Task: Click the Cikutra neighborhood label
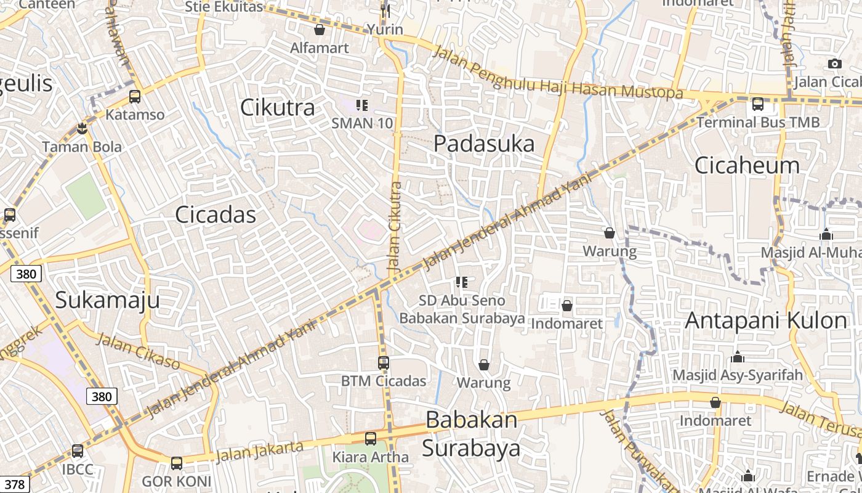pos(277,107)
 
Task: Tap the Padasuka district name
pos(484,144)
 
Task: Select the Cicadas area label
pos(216,214)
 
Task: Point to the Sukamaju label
pos(107,299)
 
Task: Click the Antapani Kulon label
pos(766,320)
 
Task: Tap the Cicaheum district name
pos(747,165)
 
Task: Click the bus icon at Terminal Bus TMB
pos(758,104)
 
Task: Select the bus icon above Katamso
pos(135,96)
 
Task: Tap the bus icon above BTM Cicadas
pos(384,363)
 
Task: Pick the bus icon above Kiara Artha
pos(370,439)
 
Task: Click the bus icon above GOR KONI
pos(177,463)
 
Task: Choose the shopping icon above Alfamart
pos(320,30)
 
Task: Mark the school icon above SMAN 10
pos(362,105)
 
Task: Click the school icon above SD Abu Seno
pos(462,282)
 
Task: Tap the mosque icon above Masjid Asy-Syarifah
pos(738,357)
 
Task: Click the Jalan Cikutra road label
pos(395,227)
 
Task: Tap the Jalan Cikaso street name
pos(139,351)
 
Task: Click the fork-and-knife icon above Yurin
pos(385,11)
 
